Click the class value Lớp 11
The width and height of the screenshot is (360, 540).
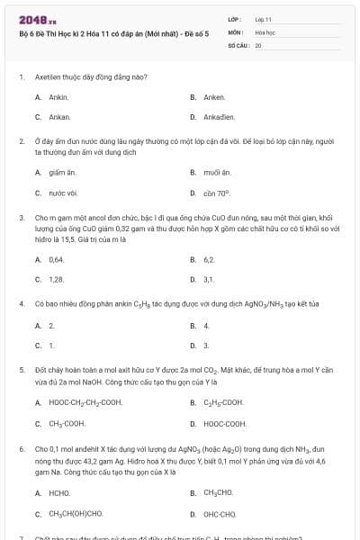[264, 18]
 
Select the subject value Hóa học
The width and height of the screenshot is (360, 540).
[265, 31]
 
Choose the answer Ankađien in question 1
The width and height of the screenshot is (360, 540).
[220, 117]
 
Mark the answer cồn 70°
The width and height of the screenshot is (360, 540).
[217, 193]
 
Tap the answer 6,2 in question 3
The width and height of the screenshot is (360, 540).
[209, 258]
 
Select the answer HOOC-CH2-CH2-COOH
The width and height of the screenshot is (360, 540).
[85, 402]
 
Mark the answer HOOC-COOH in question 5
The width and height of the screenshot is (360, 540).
[224, 423]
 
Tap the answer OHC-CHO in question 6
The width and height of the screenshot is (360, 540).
[219, 514]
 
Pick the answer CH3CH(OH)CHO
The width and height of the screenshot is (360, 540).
[76, 514]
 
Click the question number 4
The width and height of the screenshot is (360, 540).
[21, 303]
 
